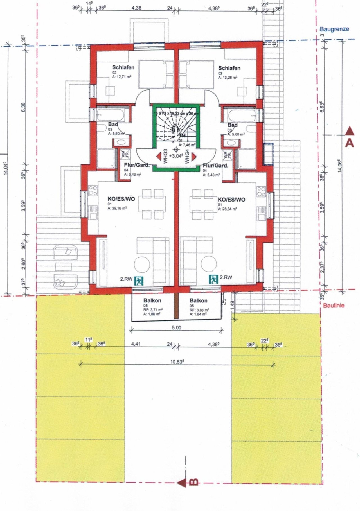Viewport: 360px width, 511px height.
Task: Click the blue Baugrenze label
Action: tap(334, 29)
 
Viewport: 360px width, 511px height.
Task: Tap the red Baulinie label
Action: tap(334, 306)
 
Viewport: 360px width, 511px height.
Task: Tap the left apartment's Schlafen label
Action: tap(123, 67)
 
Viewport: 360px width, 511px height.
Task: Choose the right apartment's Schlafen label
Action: tap(229, 68)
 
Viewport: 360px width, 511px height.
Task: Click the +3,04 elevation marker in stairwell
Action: tap(176, 155)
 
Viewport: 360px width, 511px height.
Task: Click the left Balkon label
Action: tap(152, 300)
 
